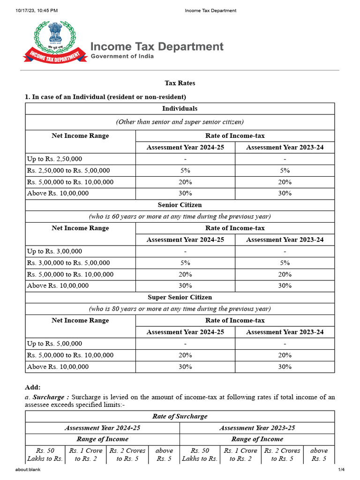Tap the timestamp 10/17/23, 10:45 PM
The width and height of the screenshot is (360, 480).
(x=37, y=10)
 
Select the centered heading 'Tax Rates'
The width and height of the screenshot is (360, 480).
(x=180, y=83)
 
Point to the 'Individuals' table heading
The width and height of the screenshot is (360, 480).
(x=180, y=109)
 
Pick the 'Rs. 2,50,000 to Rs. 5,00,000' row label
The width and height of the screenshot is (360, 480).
(x=68, y=171)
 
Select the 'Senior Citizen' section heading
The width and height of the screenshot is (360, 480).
(x=180, y=205)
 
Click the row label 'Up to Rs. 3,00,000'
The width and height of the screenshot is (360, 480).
(x=54, y=251)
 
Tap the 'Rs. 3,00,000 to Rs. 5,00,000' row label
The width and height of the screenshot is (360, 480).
(x=68, y=263)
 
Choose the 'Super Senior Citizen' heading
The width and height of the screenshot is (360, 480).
(x=180, y=297)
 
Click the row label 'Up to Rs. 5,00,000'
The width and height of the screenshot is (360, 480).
(x=54, y=344)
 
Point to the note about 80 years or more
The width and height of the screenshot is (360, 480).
(x=180, y=309)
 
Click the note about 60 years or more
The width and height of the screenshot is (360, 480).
(x=180, y=217)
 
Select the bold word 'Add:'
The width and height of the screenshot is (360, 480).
(x=32, y=387)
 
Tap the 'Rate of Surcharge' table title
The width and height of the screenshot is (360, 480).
(x=180, y=416)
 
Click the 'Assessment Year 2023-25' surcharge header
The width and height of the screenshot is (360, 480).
(x=257, y=428)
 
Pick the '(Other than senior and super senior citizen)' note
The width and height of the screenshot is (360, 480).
(x=180, y=122)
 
